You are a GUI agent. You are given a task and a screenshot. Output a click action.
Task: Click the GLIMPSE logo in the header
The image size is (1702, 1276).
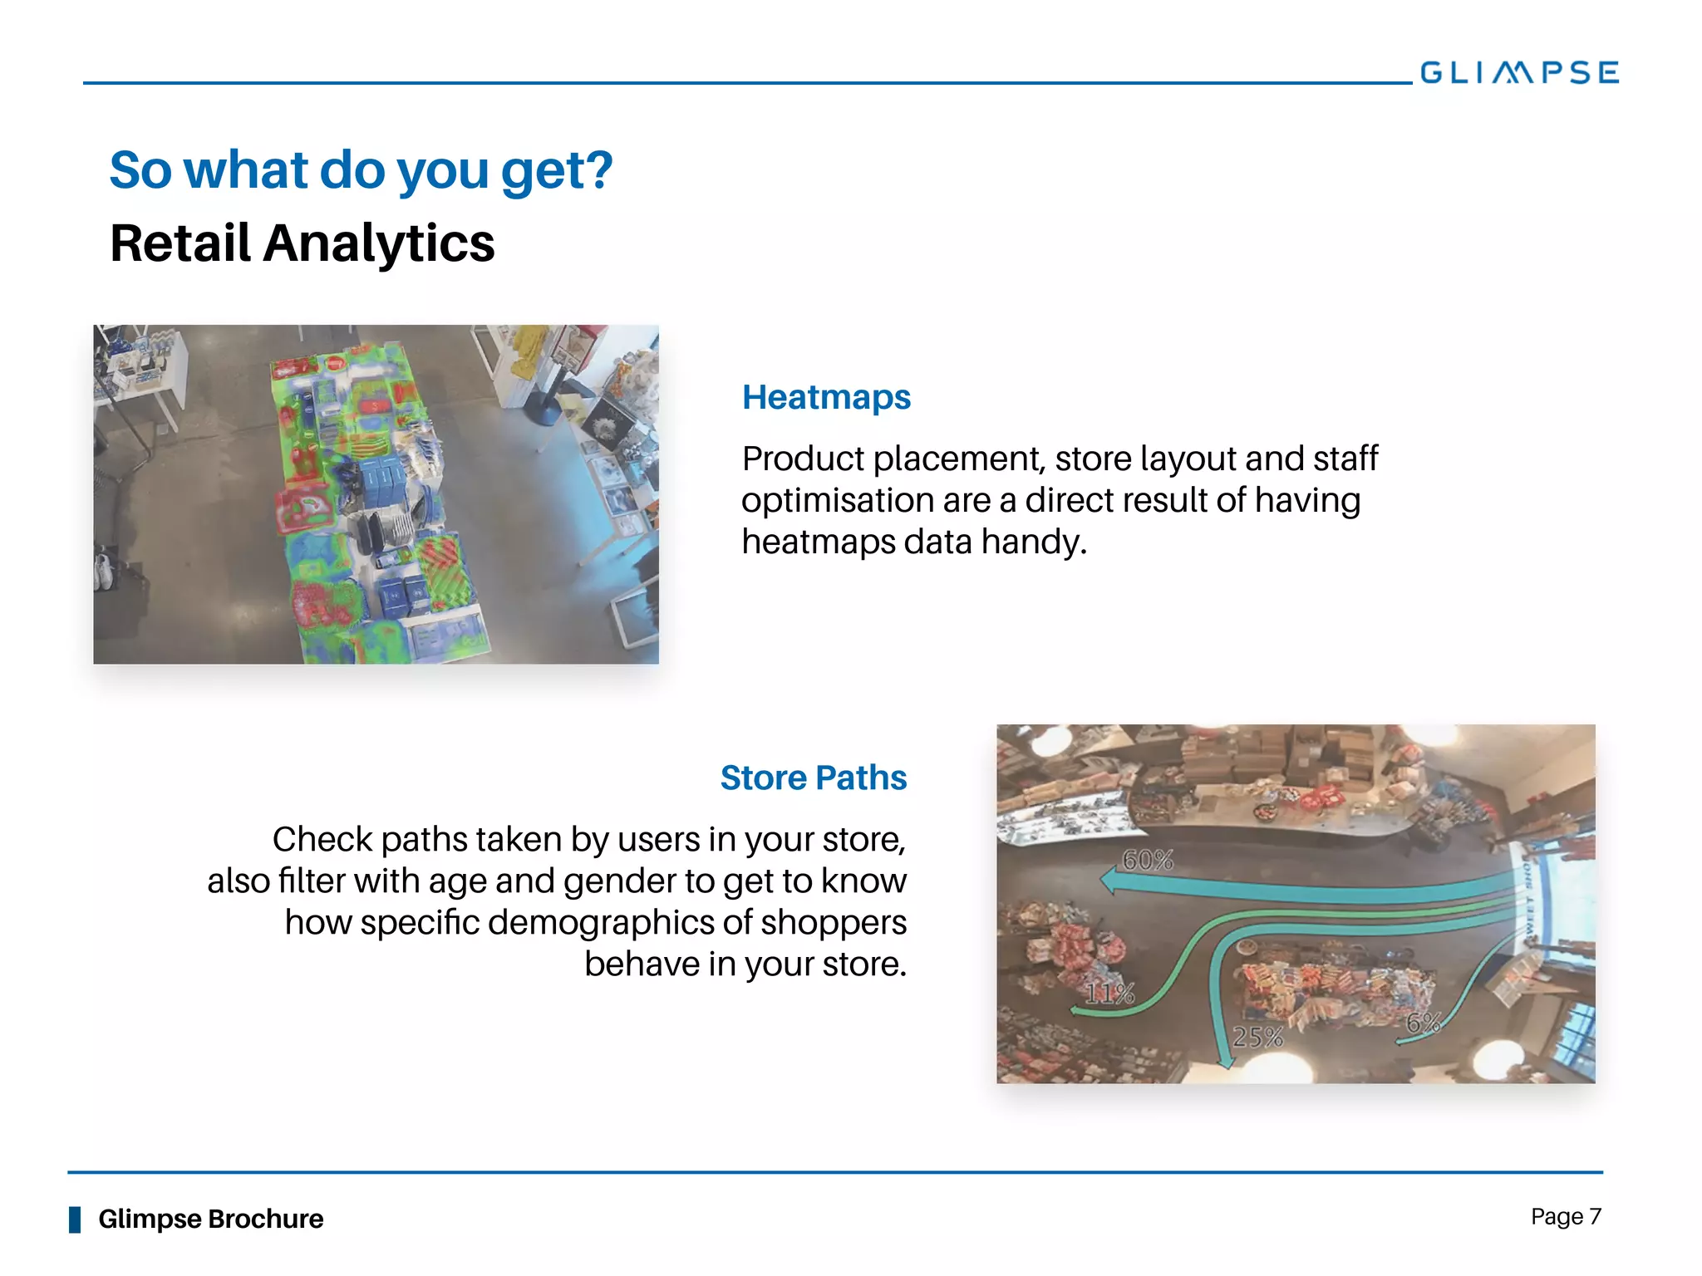(x=1518, y=73)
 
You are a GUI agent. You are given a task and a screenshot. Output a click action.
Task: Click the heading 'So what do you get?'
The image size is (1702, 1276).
(x=361, y=170)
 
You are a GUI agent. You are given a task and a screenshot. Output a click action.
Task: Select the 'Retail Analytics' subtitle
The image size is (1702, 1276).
(x=303, y=243)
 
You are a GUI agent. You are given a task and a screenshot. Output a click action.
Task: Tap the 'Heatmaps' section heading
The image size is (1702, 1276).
(x=826, y=397)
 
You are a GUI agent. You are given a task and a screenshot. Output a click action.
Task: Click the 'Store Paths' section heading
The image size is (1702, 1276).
(x=813, y=778)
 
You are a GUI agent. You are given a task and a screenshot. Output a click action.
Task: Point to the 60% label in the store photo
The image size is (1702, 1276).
(x=1148, y=861)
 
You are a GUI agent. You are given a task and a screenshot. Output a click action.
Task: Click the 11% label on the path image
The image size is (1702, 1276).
(x=1109, y=994)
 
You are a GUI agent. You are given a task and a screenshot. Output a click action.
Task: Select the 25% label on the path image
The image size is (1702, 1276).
(x=1257, y=1037)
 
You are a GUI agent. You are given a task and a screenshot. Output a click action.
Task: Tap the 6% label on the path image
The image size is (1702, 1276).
(x=1422, y=1023)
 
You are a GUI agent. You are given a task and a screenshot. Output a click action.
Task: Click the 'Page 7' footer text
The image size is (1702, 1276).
(x=1566, y=1217)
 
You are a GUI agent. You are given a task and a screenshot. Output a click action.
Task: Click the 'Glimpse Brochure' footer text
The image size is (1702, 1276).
(x=210, y=1219)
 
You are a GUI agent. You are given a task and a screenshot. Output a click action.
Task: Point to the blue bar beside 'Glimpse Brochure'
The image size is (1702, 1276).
(x=75, y=1220)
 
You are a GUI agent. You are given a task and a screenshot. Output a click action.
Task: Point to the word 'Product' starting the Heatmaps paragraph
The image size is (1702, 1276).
(x=803, y=459)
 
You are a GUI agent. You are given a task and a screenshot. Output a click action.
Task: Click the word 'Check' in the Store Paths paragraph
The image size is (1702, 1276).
(x=322, y=840)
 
